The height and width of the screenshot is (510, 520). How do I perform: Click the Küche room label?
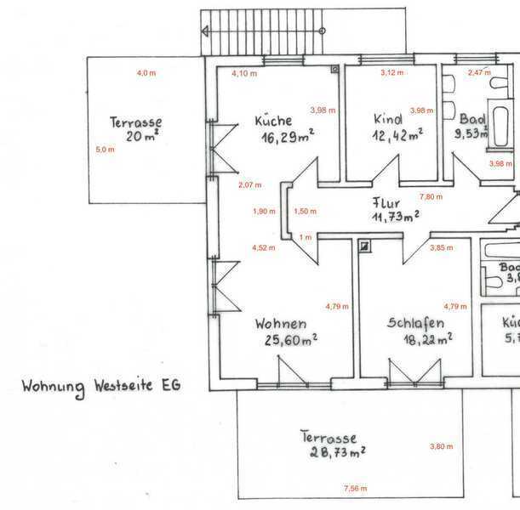click(272, 122)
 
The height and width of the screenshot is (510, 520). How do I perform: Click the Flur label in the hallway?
click(386, 202)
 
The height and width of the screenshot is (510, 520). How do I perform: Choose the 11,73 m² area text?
click(395, 218)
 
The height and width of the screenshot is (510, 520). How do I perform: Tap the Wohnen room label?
click(280, 324)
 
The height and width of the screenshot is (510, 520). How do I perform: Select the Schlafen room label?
click(414, 323)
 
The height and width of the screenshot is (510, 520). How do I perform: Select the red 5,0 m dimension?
click(106, 150)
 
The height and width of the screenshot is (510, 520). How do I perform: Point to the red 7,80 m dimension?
click(432, 197)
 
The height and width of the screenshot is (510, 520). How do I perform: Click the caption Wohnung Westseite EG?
click(100, 387)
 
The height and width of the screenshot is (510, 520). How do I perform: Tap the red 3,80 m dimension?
click(442, 446)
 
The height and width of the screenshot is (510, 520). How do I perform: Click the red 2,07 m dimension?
click(249, 184)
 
